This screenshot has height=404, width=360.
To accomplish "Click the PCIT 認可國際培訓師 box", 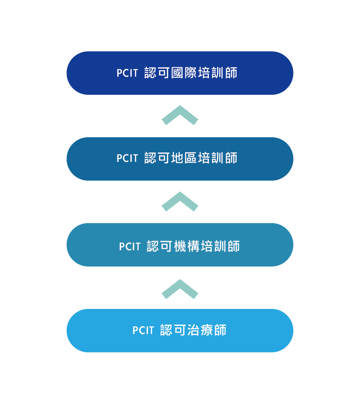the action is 180,73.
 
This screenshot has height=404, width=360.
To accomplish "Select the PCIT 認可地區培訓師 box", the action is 180,159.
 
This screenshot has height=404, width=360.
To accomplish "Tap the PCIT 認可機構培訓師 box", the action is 180,245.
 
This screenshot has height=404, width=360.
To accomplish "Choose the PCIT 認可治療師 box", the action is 180,330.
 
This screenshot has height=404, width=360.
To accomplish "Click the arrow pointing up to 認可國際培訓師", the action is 180,115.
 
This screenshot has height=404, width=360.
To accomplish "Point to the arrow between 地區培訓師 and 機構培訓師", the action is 180,201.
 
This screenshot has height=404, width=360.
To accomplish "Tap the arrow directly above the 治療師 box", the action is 180,289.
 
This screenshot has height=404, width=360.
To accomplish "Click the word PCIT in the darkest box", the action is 127,73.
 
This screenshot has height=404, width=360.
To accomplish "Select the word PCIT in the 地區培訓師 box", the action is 127,158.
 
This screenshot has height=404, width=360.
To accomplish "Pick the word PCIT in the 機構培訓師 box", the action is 130,247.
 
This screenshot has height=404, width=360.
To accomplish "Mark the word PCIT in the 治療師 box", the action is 143,330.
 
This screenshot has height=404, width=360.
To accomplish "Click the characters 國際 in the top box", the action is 184,73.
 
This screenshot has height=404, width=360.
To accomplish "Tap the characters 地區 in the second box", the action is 184,158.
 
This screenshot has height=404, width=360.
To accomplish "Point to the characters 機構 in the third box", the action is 187,246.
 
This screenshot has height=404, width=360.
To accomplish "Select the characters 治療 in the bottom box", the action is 200,330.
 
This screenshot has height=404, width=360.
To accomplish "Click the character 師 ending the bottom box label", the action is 220,330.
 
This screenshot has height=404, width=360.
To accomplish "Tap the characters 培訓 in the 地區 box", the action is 211,158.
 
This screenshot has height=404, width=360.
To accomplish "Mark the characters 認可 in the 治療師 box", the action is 173,330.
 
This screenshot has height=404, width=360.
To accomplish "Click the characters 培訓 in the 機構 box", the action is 214,246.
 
